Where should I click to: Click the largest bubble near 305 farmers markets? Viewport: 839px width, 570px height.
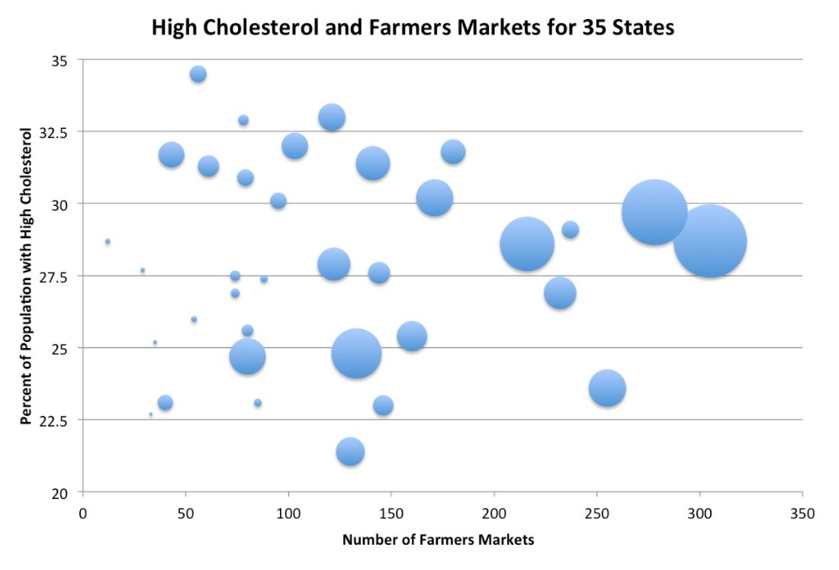710,241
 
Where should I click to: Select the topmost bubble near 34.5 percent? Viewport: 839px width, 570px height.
198,74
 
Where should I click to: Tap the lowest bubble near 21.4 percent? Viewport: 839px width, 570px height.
350,452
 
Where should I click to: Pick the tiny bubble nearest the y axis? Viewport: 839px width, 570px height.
108,241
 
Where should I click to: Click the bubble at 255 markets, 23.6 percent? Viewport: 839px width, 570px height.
607,388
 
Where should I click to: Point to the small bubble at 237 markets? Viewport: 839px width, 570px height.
570,230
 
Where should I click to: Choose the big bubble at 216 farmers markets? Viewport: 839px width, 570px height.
527,244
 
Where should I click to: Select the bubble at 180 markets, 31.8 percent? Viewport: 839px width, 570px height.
453,152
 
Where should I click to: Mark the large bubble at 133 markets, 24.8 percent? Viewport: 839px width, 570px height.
356,353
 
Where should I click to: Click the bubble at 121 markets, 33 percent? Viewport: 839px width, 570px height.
332,118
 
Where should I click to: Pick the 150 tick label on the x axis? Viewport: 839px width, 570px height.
391,514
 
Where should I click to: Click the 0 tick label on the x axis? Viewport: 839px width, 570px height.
83,514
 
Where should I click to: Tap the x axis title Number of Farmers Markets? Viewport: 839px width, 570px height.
438,540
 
